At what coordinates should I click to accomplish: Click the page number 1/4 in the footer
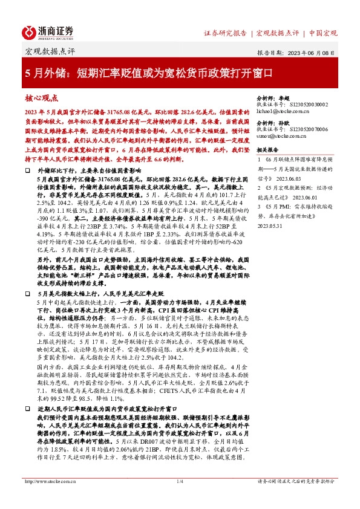(180, 498)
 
